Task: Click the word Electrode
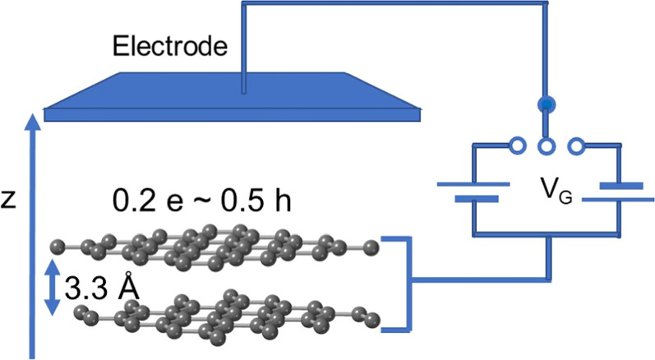click(x=168, y=46)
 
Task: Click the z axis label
click(x=9, y=199)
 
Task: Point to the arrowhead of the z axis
click(x=32, y=122)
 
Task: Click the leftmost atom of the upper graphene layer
click(x=56, y=245)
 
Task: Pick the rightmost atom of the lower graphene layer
click(x=375, y=318)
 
